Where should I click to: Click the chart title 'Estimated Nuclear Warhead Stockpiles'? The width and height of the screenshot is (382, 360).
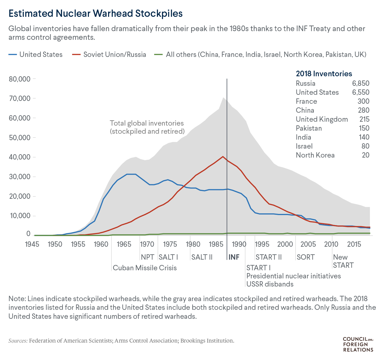[95, 13]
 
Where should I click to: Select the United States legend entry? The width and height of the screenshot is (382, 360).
[41, 54]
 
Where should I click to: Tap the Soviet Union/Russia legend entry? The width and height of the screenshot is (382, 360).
[115, 54]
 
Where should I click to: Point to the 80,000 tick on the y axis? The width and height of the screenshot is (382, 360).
[20, 79]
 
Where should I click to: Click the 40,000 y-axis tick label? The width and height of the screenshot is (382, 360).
[20, 157]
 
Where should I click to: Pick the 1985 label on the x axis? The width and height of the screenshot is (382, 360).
[216, 244]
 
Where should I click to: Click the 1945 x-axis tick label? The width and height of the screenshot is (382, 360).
[32, 244]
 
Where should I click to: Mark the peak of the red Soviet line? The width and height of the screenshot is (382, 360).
[223, 156]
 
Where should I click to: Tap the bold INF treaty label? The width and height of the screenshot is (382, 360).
[234, 257]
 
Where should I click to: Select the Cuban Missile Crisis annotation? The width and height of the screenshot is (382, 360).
[145, 268]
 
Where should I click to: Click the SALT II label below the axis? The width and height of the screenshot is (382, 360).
[202, 257]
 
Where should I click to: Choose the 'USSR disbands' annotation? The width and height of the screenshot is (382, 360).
[270, 284]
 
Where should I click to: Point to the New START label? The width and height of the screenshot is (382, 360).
[343, 261]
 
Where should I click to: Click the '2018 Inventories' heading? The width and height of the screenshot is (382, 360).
[324, 74]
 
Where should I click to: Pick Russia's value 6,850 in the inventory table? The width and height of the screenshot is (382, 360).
[361, 83]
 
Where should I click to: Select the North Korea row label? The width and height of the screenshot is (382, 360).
[315, 155]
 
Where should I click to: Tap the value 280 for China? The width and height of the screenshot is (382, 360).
[363, 110]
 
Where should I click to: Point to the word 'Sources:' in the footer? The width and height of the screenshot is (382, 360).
[18, 341]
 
